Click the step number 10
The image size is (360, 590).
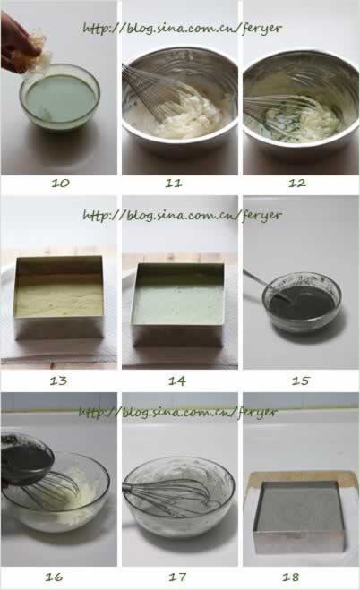(60, 184)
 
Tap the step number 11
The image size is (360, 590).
(174, 184)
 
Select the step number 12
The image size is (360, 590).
(296, 184)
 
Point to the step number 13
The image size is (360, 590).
(59, 381)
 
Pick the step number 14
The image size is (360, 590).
(176, 381)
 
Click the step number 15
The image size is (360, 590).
(301, 381)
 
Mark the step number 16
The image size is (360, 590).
(54, 577)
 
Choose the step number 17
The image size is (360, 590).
(177, 577)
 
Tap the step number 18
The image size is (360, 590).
(291, 577)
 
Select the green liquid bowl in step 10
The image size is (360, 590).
(60, 98)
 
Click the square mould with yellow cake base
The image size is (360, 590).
(59, 297)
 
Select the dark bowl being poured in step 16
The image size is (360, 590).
(26, 458)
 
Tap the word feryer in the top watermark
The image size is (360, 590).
(262, 29)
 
